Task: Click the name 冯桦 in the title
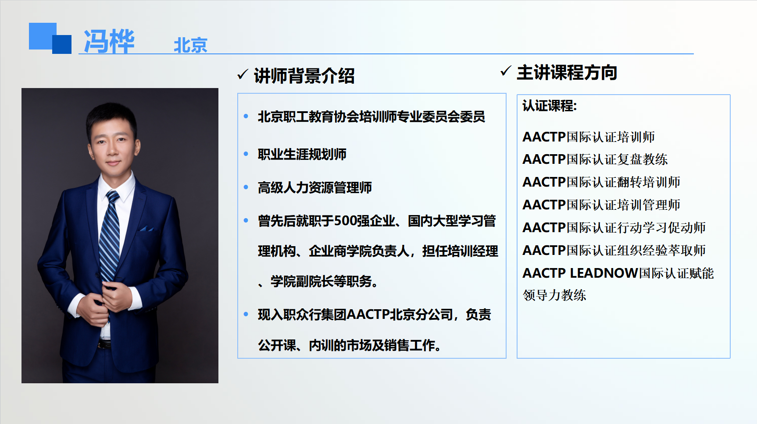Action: (109, 42)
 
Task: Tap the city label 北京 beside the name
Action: (190, 45)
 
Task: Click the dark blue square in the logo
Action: (62, 44)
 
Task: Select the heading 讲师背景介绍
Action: (304, 76)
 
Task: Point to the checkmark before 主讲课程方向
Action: (506, 71)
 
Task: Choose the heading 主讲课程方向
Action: (567, 72)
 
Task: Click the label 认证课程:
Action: (550, 106)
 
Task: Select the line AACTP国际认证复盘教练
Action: (595, 159)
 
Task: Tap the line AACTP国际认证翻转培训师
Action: (601, 182)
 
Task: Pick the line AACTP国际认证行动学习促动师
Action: (614, 227)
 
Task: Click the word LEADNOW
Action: (604, 273)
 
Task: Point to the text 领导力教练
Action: (554, 295)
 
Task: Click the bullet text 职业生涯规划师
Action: (302, 154)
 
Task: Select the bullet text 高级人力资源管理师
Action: (315, 187)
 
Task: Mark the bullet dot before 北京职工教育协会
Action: (246, 117)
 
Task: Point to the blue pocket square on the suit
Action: (146, 228)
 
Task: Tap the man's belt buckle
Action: (104, 344)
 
